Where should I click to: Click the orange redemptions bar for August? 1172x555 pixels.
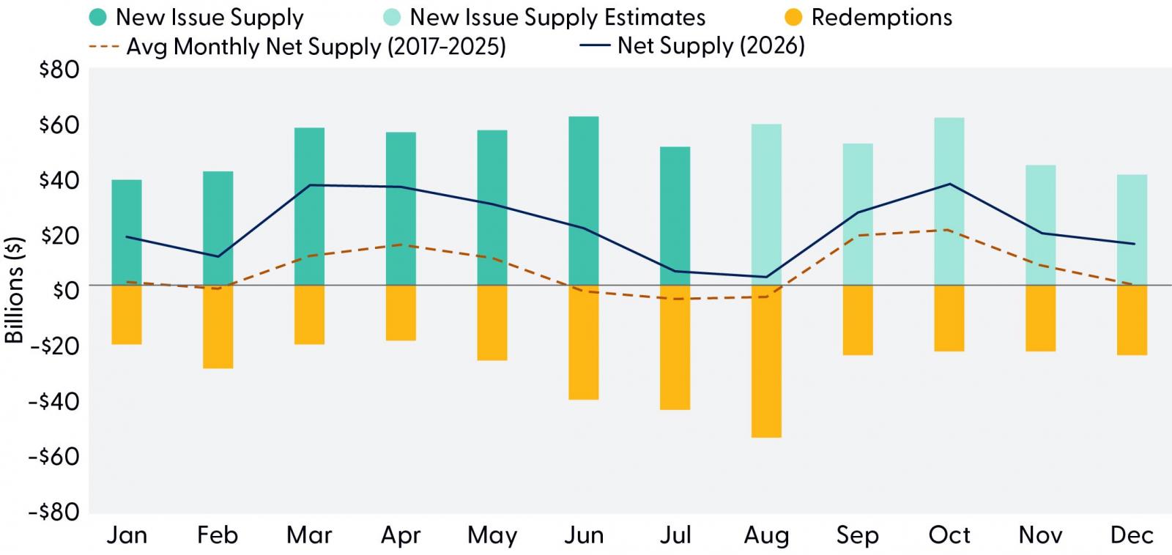click(x=766, y=362)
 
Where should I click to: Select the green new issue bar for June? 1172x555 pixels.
click(x=584, y=201)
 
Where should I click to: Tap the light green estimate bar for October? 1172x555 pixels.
click(x=949, y=201)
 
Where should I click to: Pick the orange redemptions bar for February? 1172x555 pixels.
click(x=218, y=327)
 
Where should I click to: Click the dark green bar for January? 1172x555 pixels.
click(x=127, y=233)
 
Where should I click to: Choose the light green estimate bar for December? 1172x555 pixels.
click(x=1132, y=230)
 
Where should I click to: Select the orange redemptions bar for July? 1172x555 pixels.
click(x=675, y=348)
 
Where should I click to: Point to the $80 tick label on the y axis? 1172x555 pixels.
click(x=59, y=70)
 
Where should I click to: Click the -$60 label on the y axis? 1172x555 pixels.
click(x=54, y=457)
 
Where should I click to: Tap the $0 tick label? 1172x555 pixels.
click(x=67, y=291)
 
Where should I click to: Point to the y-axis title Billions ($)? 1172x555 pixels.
click(x=14, y=290)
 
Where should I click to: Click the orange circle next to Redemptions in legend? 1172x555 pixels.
click(x=794, y=18)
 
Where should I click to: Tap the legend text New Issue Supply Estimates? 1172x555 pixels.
click(x=557, y=18)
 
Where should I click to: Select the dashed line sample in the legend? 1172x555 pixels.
click(x=105, y=47)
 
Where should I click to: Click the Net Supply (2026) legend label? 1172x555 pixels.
click(x=711, y=46)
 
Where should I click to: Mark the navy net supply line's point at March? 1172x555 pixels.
click(x=309, y=185)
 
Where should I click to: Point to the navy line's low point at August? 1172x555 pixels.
click(x=766, y=277)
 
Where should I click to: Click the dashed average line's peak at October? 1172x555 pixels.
click(x=949, y=230)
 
